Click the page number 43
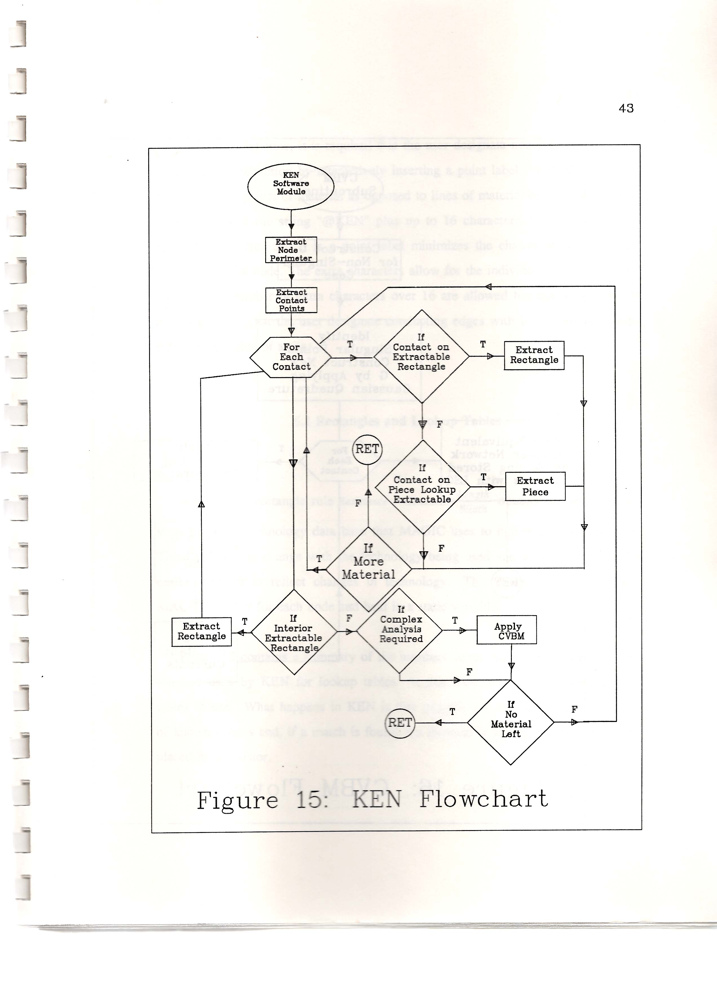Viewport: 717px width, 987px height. coord(626,108)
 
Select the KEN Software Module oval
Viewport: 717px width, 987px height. coord(291,183)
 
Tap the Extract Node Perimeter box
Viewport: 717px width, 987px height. coord(291,250)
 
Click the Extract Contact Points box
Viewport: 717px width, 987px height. coord(291,300)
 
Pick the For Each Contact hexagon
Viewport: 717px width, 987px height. coord(291,357)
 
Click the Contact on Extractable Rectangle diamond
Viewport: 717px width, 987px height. coord(421,356)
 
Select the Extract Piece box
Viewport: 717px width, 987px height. coord(535,486)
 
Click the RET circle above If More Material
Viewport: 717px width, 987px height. coord(367,449)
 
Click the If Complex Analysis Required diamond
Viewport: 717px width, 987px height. coord(400,630)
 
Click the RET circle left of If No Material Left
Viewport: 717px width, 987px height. coord(400,723)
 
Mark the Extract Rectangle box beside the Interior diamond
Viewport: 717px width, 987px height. coord(202,632)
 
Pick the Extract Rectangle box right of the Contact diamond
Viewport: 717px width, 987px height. coord(534,355)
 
